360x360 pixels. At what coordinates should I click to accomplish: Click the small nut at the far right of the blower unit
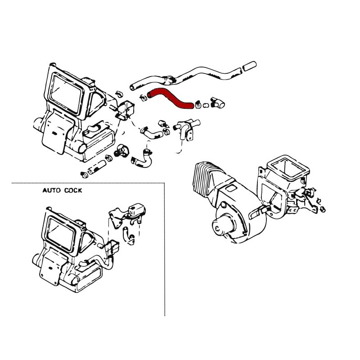(323, 209)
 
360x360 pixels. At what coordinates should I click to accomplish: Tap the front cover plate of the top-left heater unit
(55, 135)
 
